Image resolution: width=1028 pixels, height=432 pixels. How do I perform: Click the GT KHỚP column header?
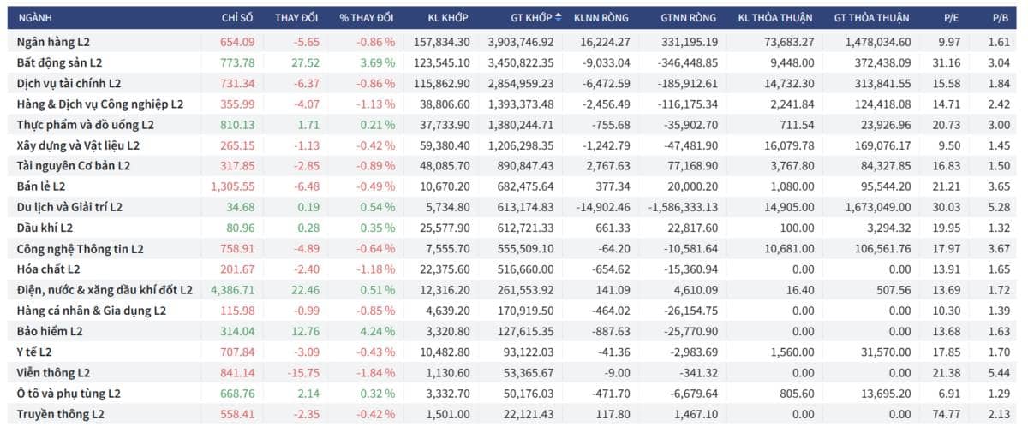[531, 18]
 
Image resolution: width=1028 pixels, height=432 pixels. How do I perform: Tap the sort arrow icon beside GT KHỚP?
[558, 17]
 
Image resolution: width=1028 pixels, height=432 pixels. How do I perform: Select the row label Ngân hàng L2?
[53, 42]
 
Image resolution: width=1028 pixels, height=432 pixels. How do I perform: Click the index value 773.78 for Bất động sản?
[237, 62]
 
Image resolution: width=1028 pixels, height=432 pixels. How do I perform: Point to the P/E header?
[951, 18]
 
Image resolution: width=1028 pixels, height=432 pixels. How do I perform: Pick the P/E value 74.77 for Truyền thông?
[947, 414]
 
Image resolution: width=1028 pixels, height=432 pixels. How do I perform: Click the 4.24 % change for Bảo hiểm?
[377, 331]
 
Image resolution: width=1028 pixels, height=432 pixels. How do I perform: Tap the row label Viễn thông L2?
[53, 373]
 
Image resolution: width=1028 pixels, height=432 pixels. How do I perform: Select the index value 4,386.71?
[233, 290]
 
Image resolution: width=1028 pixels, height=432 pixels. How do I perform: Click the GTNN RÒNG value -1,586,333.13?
[683, 207]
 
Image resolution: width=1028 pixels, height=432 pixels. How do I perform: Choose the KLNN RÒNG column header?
[601, 18]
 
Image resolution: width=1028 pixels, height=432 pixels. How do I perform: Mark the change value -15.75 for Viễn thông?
[303, 373]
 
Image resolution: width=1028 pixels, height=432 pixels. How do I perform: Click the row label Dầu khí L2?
[45, 228]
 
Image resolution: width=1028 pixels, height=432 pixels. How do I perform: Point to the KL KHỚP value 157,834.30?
[441, 42]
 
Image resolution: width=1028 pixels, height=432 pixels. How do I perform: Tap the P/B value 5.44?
[999, 373]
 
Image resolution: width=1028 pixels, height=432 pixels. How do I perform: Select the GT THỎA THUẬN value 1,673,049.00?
[878, 207]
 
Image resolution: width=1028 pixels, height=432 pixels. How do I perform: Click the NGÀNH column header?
[35, 18]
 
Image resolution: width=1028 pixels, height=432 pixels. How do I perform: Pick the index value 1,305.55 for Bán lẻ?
[233, 186]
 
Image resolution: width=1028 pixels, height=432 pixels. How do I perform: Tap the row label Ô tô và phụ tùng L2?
[69, 394]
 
